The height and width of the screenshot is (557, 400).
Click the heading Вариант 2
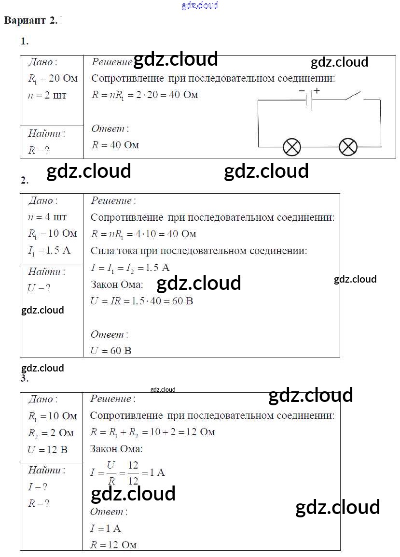(31, 20)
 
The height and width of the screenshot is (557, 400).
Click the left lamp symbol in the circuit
(291, 147)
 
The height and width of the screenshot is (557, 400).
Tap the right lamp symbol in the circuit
(348, 147)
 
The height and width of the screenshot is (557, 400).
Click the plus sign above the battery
(317, 90)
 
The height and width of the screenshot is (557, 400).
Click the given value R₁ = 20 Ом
(53, 78)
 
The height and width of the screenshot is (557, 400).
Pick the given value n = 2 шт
(47, 95)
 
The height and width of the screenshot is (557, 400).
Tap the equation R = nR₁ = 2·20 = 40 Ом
(144, 95)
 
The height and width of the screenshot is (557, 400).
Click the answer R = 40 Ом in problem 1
(115, 144)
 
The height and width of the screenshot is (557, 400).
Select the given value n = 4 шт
(47, 217)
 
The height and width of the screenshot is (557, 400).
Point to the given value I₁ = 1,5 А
(50, 250)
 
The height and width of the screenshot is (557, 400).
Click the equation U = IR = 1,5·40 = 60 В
(142, 301)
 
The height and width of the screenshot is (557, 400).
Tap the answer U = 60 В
(110, 350)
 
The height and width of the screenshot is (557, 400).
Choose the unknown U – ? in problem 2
(39, 288)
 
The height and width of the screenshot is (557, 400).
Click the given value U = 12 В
(47, 449)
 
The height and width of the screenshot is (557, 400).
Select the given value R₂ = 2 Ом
(51, 433)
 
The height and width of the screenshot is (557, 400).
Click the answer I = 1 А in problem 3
(105, 528)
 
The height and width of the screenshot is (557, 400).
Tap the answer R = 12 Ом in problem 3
(113, 545)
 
